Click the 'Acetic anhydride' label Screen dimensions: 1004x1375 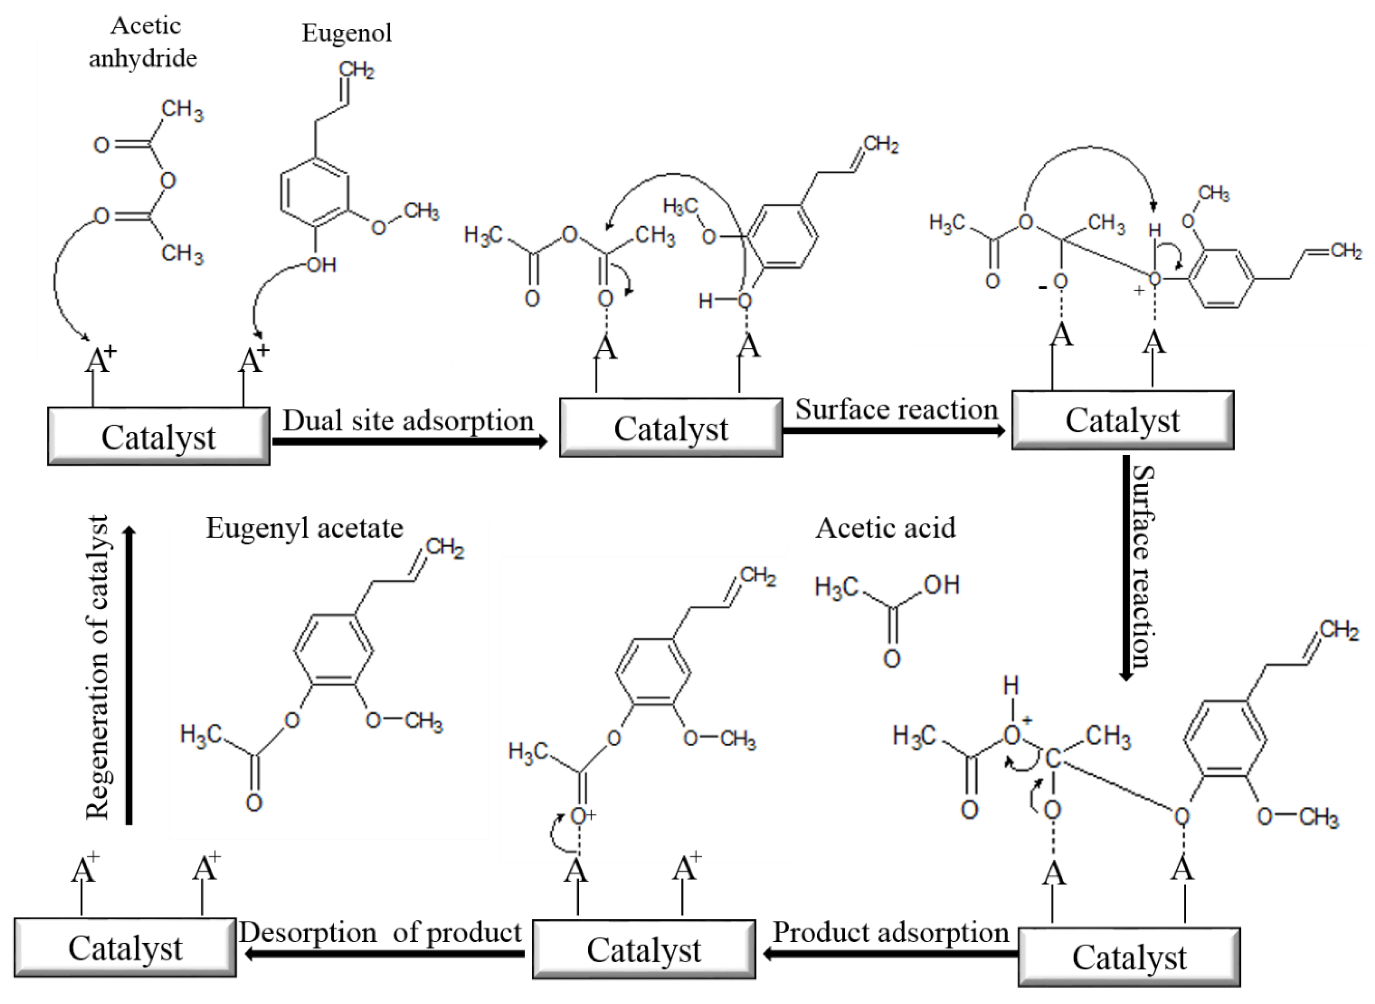(x=144, y=43)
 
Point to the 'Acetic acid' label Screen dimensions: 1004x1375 (x=885, y=528)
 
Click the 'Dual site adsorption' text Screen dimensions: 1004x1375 (x=408, y=421)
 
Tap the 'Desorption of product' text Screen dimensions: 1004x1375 (x=380, y=932)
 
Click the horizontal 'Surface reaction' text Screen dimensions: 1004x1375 (x=897, y=410)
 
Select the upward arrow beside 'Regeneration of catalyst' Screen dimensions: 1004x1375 (x=129, y=675)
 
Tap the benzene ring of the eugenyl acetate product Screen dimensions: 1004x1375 (x=333, y=650)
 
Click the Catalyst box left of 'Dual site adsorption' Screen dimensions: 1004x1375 (x=159, y=437)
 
